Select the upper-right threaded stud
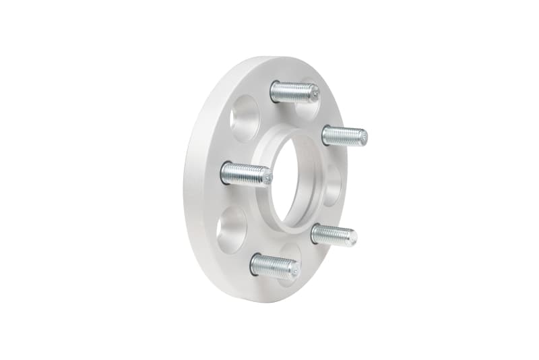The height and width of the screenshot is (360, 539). coord(344,136)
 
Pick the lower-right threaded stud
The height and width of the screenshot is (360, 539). coord(334,235)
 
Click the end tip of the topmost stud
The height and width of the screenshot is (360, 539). coord(315,95)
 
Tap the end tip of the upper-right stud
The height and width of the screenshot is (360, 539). coord(364,138)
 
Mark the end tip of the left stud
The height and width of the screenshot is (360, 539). coord(267,178)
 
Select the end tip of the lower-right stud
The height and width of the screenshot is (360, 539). coord(354,237)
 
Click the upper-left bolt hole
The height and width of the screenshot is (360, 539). coord(244,118)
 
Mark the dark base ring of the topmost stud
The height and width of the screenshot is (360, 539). coord(274,91)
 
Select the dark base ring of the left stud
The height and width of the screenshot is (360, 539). coord(224,173)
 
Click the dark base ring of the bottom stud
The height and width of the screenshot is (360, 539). coord(254,264)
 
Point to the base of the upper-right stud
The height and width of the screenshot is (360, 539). coord(325,135)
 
